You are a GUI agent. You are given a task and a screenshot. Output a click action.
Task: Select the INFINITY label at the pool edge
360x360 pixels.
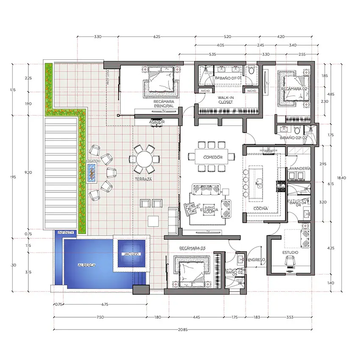click(x=66, y=233)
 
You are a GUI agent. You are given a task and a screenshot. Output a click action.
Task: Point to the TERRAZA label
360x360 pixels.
click(x=144, y=180)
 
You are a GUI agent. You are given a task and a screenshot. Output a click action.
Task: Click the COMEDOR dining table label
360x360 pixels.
click(x=213, y=157)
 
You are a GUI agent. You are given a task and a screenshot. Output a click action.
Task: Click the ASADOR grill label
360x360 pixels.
click(x=157, y=122)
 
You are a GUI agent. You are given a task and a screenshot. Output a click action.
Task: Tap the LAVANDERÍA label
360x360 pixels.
click(x=300, y=169)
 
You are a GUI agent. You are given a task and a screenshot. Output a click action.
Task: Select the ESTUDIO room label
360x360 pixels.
click(x=290, y=252)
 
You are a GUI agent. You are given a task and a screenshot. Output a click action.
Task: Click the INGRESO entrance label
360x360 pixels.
click(x=257, y=259)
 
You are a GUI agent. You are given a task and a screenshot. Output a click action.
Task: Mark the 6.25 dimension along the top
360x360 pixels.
click(x=157, y=37)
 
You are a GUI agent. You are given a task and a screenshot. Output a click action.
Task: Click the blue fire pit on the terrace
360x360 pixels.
click(x=91, y=172)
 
